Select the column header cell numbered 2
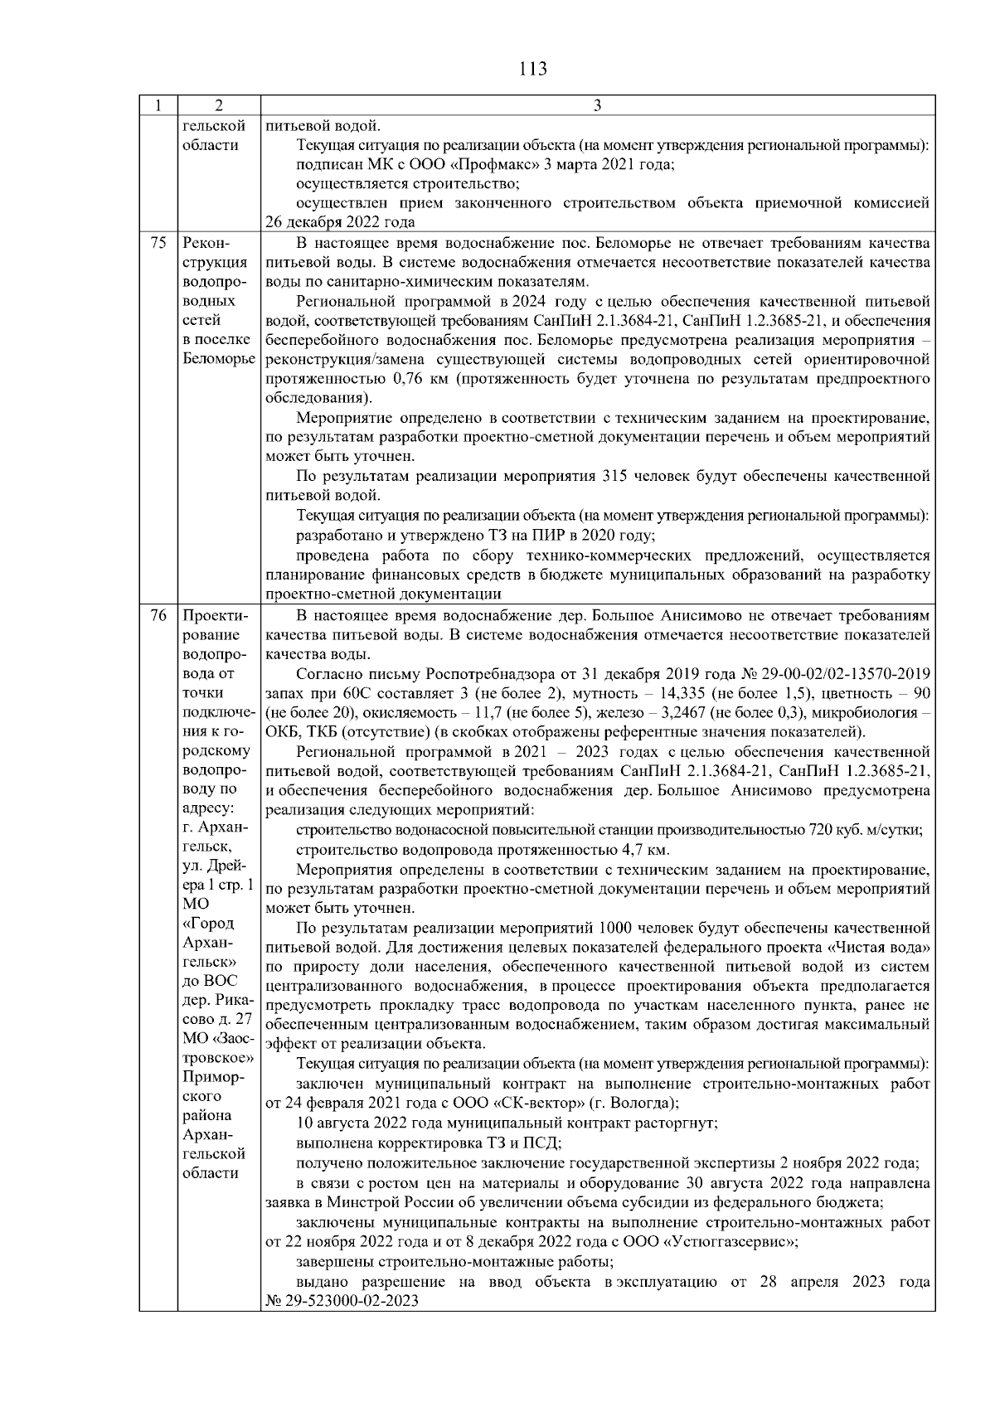[219, 106]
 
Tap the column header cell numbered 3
[598, 106]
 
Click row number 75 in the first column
[158, 244]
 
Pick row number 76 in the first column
[158, 616]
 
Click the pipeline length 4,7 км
[644, 850]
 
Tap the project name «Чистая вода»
[878, 947]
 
